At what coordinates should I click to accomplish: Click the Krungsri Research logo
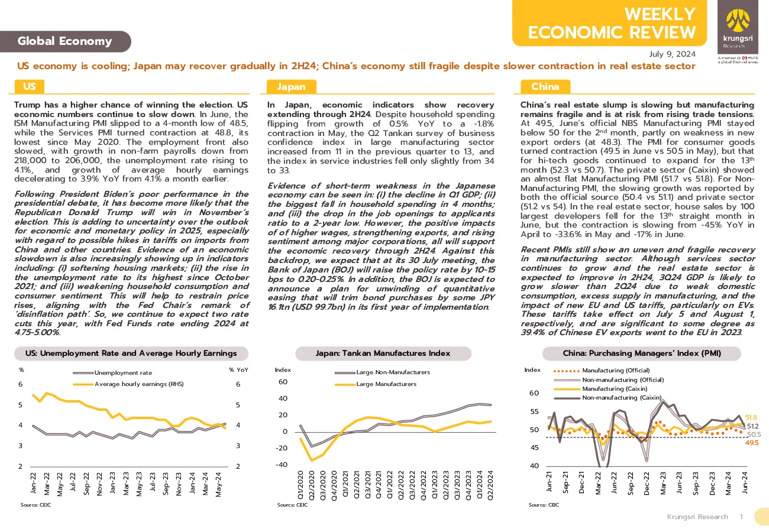pos(738,27)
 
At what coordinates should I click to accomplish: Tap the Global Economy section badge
pos(65,41)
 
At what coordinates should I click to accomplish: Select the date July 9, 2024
pos(672,54)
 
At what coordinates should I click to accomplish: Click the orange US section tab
pos(30,86)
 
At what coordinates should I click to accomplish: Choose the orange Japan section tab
pos(291,86)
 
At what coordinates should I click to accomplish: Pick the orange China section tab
pos(545,86)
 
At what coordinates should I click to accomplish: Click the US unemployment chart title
pos(131,353)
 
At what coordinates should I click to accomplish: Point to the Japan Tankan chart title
pos(383,353)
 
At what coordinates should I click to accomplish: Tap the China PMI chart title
pos(642,353)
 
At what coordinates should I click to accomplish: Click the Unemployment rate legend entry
pos(112,372)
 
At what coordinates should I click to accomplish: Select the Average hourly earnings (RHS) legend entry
pos(128,384)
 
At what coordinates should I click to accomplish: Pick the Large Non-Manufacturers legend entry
pos(383,372)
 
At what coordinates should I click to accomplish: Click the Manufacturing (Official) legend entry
pos(602,371)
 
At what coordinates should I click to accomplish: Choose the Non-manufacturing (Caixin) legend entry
pos(608,398)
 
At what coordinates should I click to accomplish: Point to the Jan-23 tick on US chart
pos(112,483)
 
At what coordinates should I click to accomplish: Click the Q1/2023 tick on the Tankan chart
pos(435,485)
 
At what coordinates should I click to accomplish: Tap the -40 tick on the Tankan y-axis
pos(282,465)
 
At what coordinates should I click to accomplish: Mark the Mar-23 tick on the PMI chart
pos(663,483)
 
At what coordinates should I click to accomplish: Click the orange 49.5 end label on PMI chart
pos(752,443)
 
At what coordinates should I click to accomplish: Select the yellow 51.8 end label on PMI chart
pos(751,417)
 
